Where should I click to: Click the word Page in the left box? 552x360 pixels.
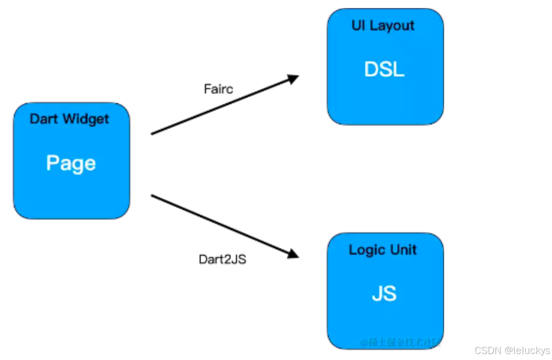pyautogui.click(x=71, y=163)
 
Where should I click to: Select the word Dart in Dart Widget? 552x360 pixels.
pyautogui.click(x=43, y=119)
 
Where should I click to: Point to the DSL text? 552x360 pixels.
pyautogui.click(x=384, y=69)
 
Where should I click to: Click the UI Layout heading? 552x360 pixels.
pyautogui.click(x=383, y=26)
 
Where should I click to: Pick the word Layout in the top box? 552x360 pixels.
pyautogui.click(x=393, y=26)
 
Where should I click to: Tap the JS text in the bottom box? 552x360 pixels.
pyautogui.click(x=384, y=294)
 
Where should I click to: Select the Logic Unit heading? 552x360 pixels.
pyautogui.click(x=383, y=250)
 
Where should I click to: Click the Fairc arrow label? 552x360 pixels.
pyautogui.click(x=218, y=89)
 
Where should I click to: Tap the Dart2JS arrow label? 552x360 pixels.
pyautogui.click(x=223, y=260)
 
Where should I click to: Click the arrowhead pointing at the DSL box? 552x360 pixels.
pyautogui.click(x=293, y=79)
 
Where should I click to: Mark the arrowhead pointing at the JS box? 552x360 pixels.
pyautogui.click(x=293, y=253)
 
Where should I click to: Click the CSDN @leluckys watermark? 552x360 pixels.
pyautogui.click(x=511, y=350)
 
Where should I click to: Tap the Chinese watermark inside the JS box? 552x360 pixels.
pyautogui.click(x=400, y=342)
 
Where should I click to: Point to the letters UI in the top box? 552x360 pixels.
pyautogui.click(x=358, y=26)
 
